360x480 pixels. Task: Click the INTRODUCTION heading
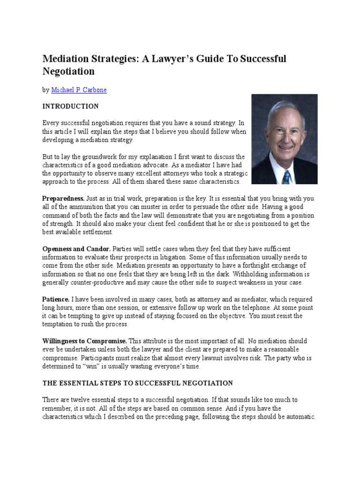pyautogui.click(x=70, y=106)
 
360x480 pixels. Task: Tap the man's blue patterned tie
pyautogui.click(x=286, y=177)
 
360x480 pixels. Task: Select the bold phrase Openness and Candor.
pyautogui.click(x=76, y=249)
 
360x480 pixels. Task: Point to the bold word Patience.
pyautogui.click(x=56, y=299)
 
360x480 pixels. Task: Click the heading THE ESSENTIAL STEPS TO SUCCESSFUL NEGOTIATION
pyautogui.click(x=137, y=383)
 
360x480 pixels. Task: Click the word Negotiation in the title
pyautogui.click(x=68, y=71)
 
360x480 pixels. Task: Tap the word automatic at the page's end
pyautogui.click(x=299, y=417)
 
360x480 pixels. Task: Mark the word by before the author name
pyautogui.click(x=45, y=90)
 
